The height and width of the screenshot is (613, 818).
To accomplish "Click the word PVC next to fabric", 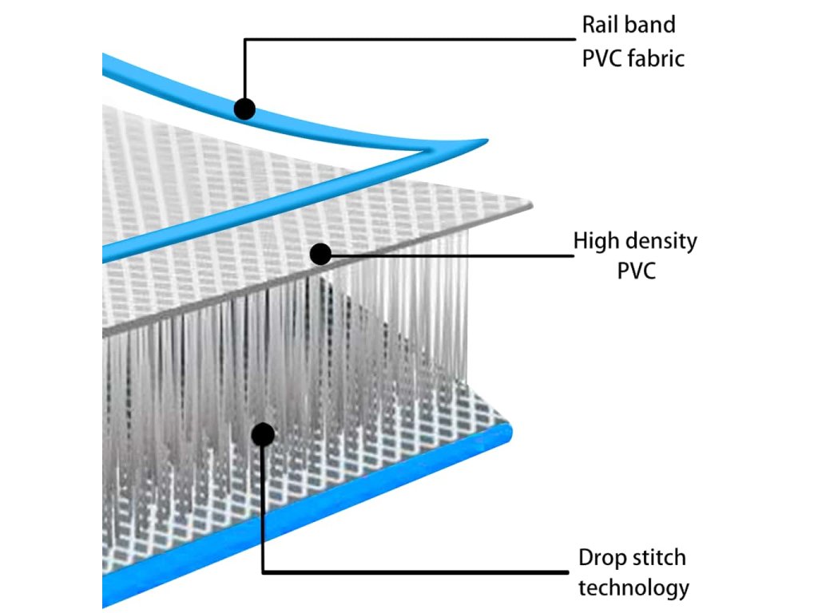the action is coord(601,58).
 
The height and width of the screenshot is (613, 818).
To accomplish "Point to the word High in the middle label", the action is coord(596,241).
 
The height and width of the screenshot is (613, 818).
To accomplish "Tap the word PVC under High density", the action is coord(636,271).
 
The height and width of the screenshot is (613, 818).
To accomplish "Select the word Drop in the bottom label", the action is coord(600,558).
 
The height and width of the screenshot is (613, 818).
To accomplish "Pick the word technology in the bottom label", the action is coord(633,589).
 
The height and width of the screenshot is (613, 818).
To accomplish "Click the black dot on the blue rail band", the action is coord(245,108).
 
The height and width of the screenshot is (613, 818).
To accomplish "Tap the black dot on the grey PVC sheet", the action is coord(320,254).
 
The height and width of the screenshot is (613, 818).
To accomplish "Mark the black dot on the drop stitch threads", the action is coord(263,434).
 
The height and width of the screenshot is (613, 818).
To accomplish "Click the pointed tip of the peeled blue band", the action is coord(483,142).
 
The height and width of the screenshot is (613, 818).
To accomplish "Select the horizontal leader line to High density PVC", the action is coord(447,256).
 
